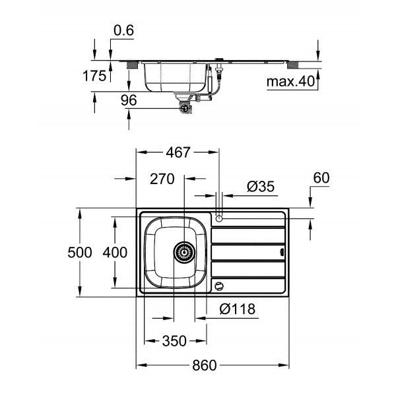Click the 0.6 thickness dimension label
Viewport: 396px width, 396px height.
[123, 30]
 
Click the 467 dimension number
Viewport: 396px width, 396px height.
[176, 152]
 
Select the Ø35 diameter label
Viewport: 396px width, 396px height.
[260, 187]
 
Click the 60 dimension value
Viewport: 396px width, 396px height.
[321, 178]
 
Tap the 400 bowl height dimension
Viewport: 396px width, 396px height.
[114, 252]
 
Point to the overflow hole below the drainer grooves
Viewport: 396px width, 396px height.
[218, 286]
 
